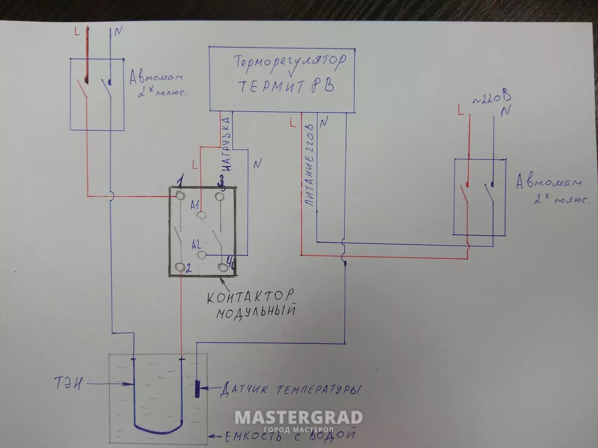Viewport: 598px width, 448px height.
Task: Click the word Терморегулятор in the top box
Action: tap(290, 63)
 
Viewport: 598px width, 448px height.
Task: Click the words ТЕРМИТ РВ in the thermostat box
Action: tap(286, 86)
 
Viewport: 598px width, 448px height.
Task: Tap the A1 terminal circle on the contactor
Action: tap(201, 215)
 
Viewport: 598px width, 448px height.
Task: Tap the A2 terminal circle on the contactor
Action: tap(202, 255)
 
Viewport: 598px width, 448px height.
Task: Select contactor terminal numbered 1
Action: tap(180, 195)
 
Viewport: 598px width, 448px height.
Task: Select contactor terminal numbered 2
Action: tap(180, 267)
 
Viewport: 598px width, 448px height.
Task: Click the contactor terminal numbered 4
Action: tap(223, 267)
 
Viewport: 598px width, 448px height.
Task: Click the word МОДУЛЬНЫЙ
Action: tap(256, 312)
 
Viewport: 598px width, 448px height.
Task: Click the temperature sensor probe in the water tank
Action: tap(197, 389)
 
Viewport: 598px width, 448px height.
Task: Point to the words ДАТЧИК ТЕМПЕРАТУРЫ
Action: tap(290, 390)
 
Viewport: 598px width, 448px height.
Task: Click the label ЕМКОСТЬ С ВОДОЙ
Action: tap(290, 436)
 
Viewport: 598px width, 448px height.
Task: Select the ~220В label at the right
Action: tap(492, 98)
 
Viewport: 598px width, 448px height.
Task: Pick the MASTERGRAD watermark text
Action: tap(299, 417)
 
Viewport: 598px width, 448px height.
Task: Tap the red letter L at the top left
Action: tap(77, 32)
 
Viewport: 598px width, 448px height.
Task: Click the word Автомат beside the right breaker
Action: tap(548, 183)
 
